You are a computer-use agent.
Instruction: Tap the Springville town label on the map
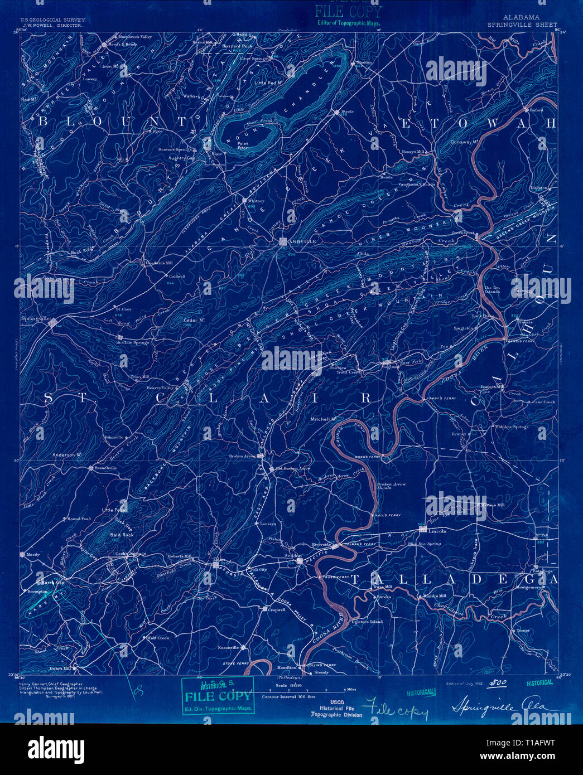coord(36,318)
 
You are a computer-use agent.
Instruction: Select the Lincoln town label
coord(437,531)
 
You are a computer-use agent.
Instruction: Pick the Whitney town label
coord(256,201)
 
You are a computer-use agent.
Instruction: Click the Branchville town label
coord(106,468)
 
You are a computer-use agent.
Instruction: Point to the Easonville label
coord(228,647)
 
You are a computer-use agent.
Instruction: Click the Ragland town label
coord(391,367)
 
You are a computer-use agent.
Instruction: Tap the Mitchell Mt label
coord(323,419)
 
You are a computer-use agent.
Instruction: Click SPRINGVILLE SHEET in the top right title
coord(522,25)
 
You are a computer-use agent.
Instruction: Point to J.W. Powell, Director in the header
coord(52,25)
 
